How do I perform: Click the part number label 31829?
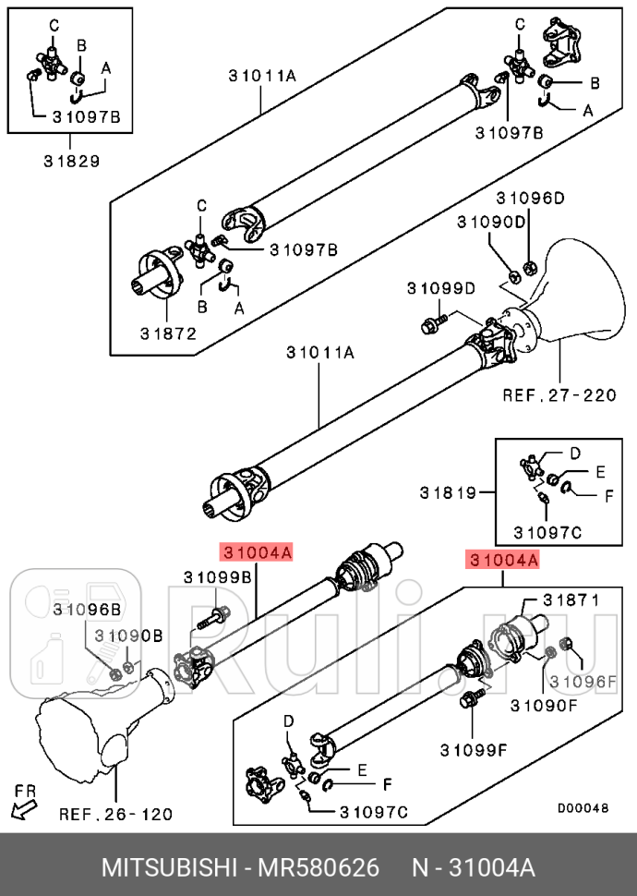(71, 160)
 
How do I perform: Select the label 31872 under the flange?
(169, 333)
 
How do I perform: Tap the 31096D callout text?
(530, 198)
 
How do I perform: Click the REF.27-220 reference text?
(559, 395)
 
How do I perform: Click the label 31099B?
(217, 577)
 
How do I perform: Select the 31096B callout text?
(86, 609)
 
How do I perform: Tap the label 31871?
(571, 599)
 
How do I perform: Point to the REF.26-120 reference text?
(115, 815)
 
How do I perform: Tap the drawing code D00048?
(583, 807)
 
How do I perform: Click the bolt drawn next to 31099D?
(432, 323)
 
